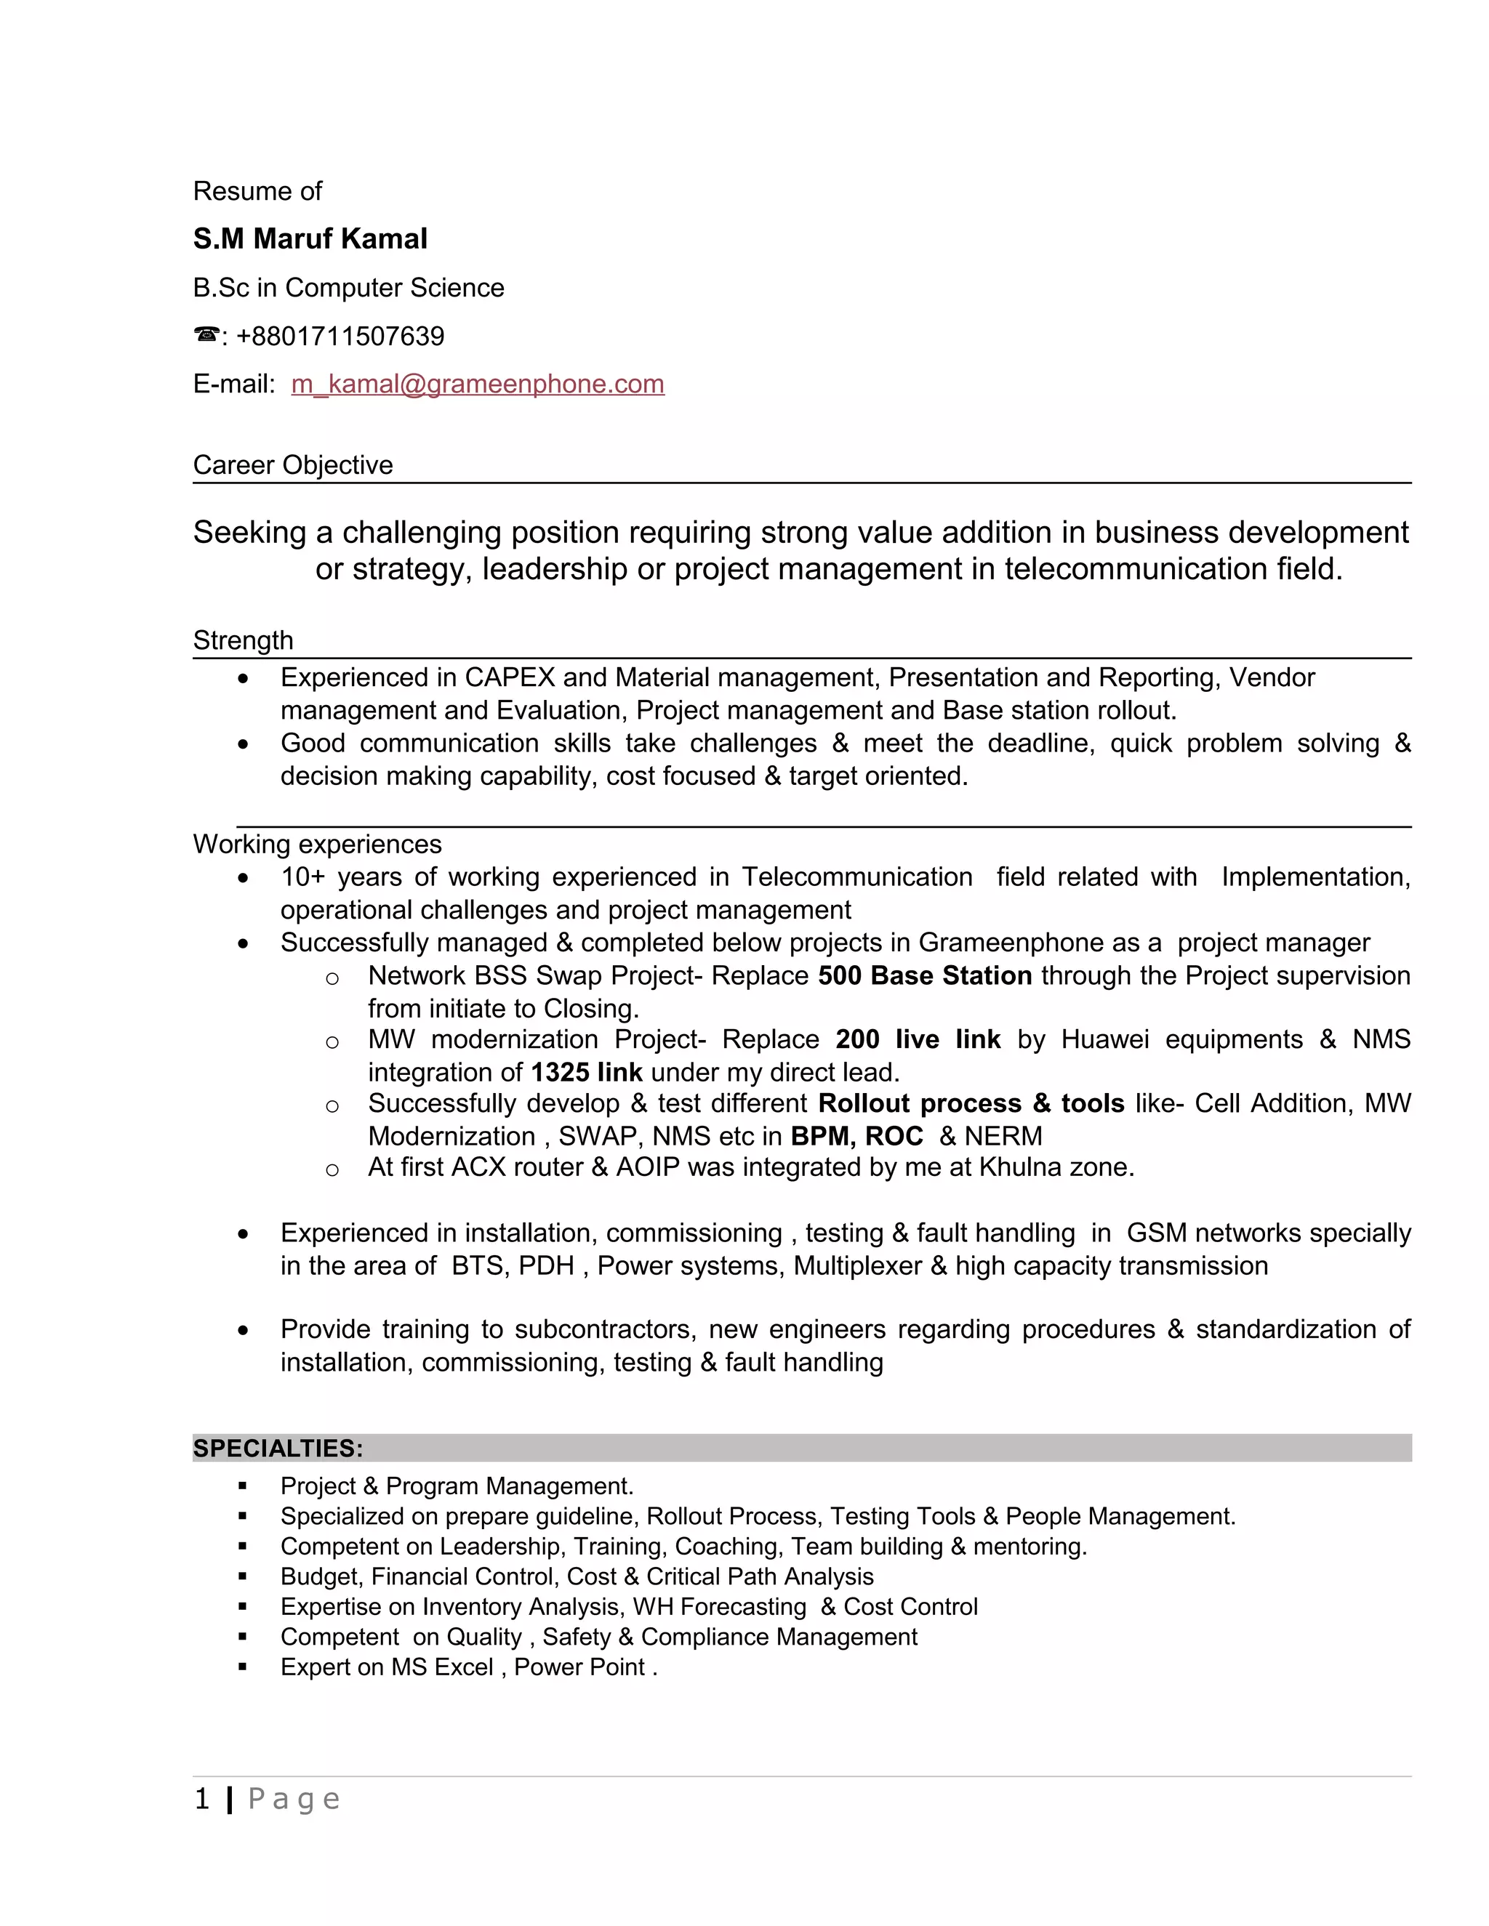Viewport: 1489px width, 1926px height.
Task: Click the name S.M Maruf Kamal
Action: pyautogui.click(x=310, y=239)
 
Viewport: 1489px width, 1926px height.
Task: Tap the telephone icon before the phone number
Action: pyautogui.click(x=206, y=335)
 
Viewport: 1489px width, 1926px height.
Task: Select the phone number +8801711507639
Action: pyautogui.click(x=340, y=336)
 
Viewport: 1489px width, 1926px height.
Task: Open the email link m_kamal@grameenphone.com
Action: pyautogui.click(x=477, y=384)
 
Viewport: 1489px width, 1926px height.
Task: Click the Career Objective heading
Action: pyautogui.click(x=293, y=464)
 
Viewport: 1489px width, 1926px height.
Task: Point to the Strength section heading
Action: pyautogui.click(x=243, y=640)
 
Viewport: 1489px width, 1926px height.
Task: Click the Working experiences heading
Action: pyautogui.click(x=317, y=844)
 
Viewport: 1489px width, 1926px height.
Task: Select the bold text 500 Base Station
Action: pyautogui.click(x=925, y=975)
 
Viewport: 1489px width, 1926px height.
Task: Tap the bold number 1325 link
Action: pyautogui.click(x=587, y=1072)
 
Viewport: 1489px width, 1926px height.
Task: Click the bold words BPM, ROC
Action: pyautogui.click(x=856, y=1136)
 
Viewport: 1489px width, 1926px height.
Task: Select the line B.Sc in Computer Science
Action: pyautogui.click(x=348, y=288)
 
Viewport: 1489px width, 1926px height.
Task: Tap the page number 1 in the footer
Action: pyautogui.click(x=202, y=1799)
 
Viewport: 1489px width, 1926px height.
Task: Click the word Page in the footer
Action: pyautogui.click(x=294, y=1799)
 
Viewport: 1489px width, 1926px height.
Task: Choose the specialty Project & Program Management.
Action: pyautogui.click(x=456, y=1486)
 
